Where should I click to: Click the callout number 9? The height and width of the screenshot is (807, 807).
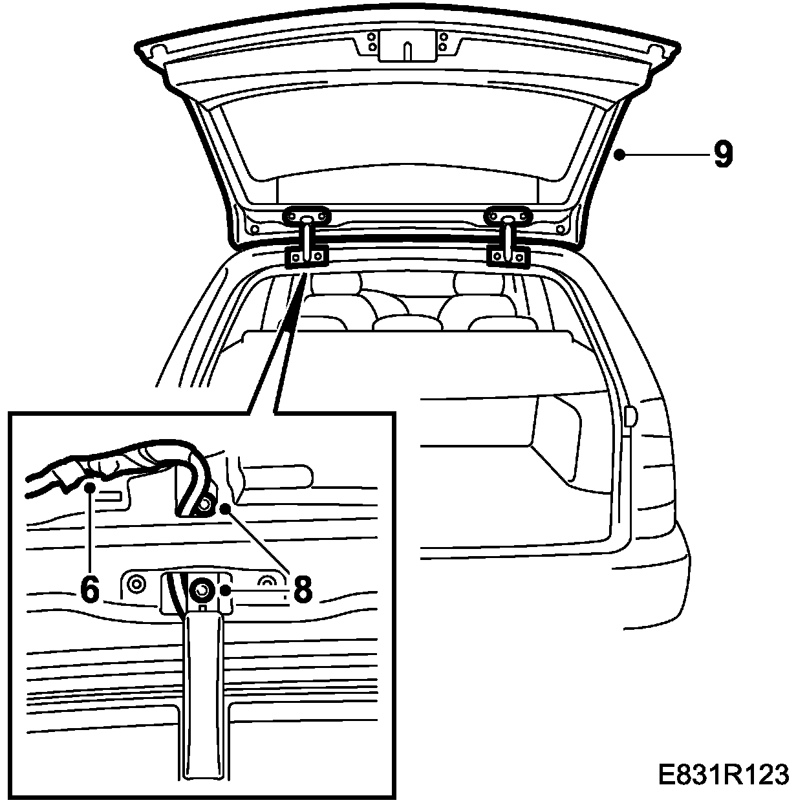click(x=723, y=155)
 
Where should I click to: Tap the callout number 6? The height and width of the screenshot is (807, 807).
click(x=91, y=589)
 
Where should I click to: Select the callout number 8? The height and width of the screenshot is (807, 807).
click(x=303, y=589)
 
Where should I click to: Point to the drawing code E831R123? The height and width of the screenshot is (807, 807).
click(x=724, y=775)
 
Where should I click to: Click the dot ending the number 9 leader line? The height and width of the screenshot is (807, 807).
click(x=619, y=155)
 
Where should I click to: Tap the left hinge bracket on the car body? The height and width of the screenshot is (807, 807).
click(x=307, y=257)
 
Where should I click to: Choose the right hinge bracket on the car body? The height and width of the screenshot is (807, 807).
click(x=508, y=257)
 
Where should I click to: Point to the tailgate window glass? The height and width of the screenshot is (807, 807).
click(x=407, y=136)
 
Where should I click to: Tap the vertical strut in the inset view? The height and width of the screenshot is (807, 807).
click(x=202, y=698)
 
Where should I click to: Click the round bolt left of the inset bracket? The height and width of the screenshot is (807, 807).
click(x=135, y=585)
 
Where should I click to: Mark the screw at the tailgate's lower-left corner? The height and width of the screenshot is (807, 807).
click(x=255, y=228)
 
